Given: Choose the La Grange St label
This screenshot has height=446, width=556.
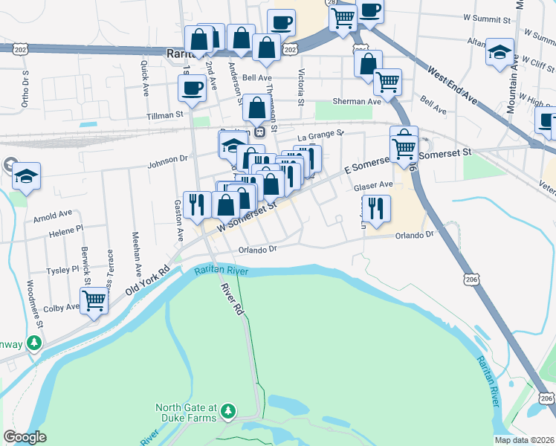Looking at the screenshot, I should click(x=321, y=135).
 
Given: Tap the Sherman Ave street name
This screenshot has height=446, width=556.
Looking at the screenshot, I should click(x=357, y=101).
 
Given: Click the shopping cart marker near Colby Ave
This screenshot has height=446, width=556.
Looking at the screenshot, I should click(x=94, y=300).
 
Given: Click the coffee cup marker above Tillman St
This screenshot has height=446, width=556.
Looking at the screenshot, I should click(x=192, y=88).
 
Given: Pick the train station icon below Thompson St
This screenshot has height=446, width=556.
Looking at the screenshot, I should click(x=260, y=132).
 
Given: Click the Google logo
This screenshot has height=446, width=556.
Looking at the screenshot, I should click(x=25, y=437).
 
